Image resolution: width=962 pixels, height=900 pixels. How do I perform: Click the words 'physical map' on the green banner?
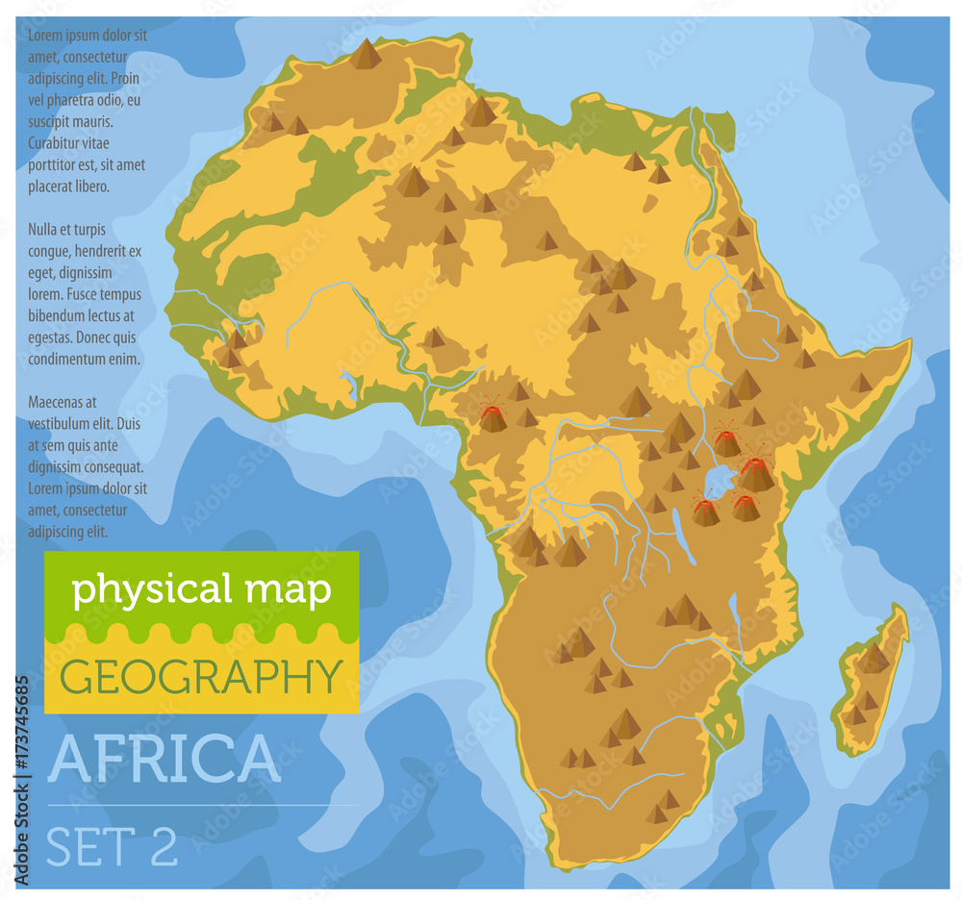point(201,588)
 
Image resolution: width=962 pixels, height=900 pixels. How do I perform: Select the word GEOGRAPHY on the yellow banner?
point(201,676)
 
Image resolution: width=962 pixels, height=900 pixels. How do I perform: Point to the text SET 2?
point(113,846)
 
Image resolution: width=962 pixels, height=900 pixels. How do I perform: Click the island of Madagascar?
point(871,678)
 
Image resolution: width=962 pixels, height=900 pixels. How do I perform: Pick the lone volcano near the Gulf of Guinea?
point(493,417)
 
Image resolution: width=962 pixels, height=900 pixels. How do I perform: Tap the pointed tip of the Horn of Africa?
point(907,343)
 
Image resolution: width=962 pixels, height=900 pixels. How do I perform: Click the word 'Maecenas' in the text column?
point(61,401)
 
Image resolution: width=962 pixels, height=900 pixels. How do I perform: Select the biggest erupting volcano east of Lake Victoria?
point(756,473)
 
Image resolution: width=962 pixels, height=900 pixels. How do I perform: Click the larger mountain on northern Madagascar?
point(873,659)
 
